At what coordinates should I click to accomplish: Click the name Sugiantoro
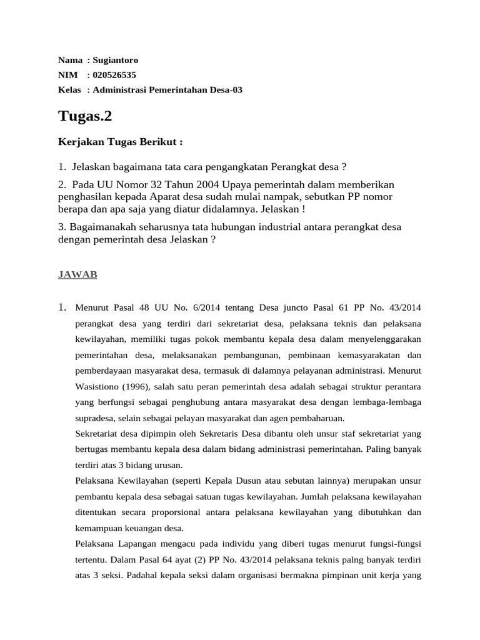coord(116,61)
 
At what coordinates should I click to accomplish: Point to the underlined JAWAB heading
coord(77,274)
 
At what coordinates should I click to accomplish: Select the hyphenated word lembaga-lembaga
coord(388,402)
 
